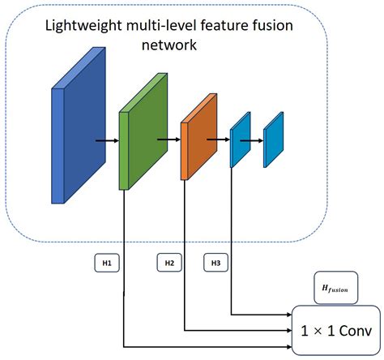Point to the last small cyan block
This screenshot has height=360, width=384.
tap(273, 139)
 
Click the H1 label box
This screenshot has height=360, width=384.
tap(106, 263)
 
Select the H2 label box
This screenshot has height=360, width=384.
tap(169, 263)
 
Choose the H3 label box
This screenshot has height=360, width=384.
tap(215, 263)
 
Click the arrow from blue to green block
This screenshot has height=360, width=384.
tap(106, 139)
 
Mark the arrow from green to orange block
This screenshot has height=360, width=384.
tap(168, 139)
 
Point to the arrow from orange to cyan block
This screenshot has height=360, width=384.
tap(218, 139)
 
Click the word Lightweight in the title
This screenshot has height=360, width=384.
tap(81, 27)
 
